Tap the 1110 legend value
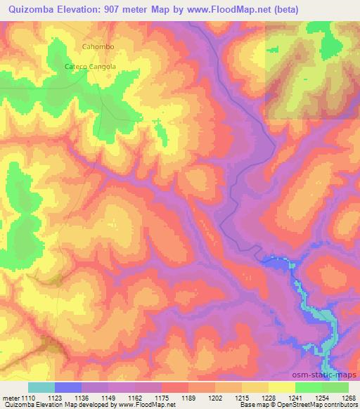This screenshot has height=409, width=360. [28, 397]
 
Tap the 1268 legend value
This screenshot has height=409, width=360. [346, 397]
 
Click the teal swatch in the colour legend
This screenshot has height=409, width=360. [41, 387]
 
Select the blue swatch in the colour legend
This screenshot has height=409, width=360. [67, 387]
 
